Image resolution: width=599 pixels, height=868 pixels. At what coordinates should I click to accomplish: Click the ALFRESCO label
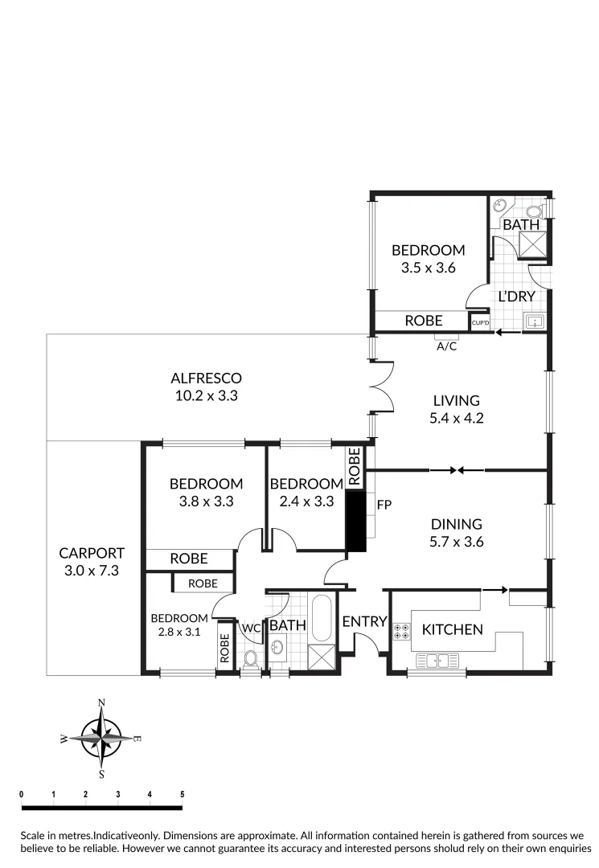click(206, 378)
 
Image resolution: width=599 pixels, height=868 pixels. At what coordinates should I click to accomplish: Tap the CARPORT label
click(92, 553)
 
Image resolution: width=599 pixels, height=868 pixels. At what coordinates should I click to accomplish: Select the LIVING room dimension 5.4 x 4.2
click(456, 418)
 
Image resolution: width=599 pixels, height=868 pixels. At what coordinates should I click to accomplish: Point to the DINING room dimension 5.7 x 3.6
click(456, 542)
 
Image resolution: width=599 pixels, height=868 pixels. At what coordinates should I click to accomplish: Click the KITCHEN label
click(453, 629)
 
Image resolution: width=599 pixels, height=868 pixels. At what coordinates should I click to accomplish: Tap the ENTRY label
click(364, 621)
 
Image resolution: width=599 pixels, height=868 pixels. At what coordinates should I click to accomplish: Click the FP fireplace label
click(384, 505)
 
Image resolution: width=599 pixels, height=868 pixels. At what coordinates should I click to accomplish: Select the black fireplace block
click(355, 521)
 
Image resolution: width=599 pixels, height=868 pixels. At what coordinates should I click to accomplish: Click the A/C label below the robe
click(447, 346)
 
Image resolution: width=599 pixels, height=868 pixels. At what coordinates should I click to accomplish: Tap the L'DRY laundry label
click(516, 297)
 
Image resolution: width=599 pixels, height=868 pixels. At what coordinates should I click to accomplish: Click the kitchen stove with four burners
click(400, 632)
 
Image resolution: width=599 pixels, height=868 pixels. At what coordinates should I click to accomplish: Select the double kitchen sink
click(437, 661)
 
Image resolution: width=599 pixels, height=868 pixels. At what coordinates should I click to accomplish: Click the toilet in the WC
click(251, 660)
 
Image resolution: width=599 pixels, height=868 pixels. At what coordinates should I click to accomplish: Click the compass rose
click(102, 738)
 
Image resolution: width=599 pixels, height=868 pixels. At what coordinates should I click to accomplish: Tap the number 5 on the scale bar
click(183, 794)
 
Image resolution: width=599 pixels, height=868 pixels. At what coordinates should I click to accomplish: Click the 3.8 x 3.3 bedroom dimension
click(206, 502)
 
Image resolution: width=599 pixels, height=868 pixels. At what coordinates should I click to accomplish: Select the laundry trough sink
click(534, 322)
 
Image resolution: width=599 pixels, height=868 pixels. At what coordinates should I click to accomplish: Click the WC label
click(250, 628)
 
